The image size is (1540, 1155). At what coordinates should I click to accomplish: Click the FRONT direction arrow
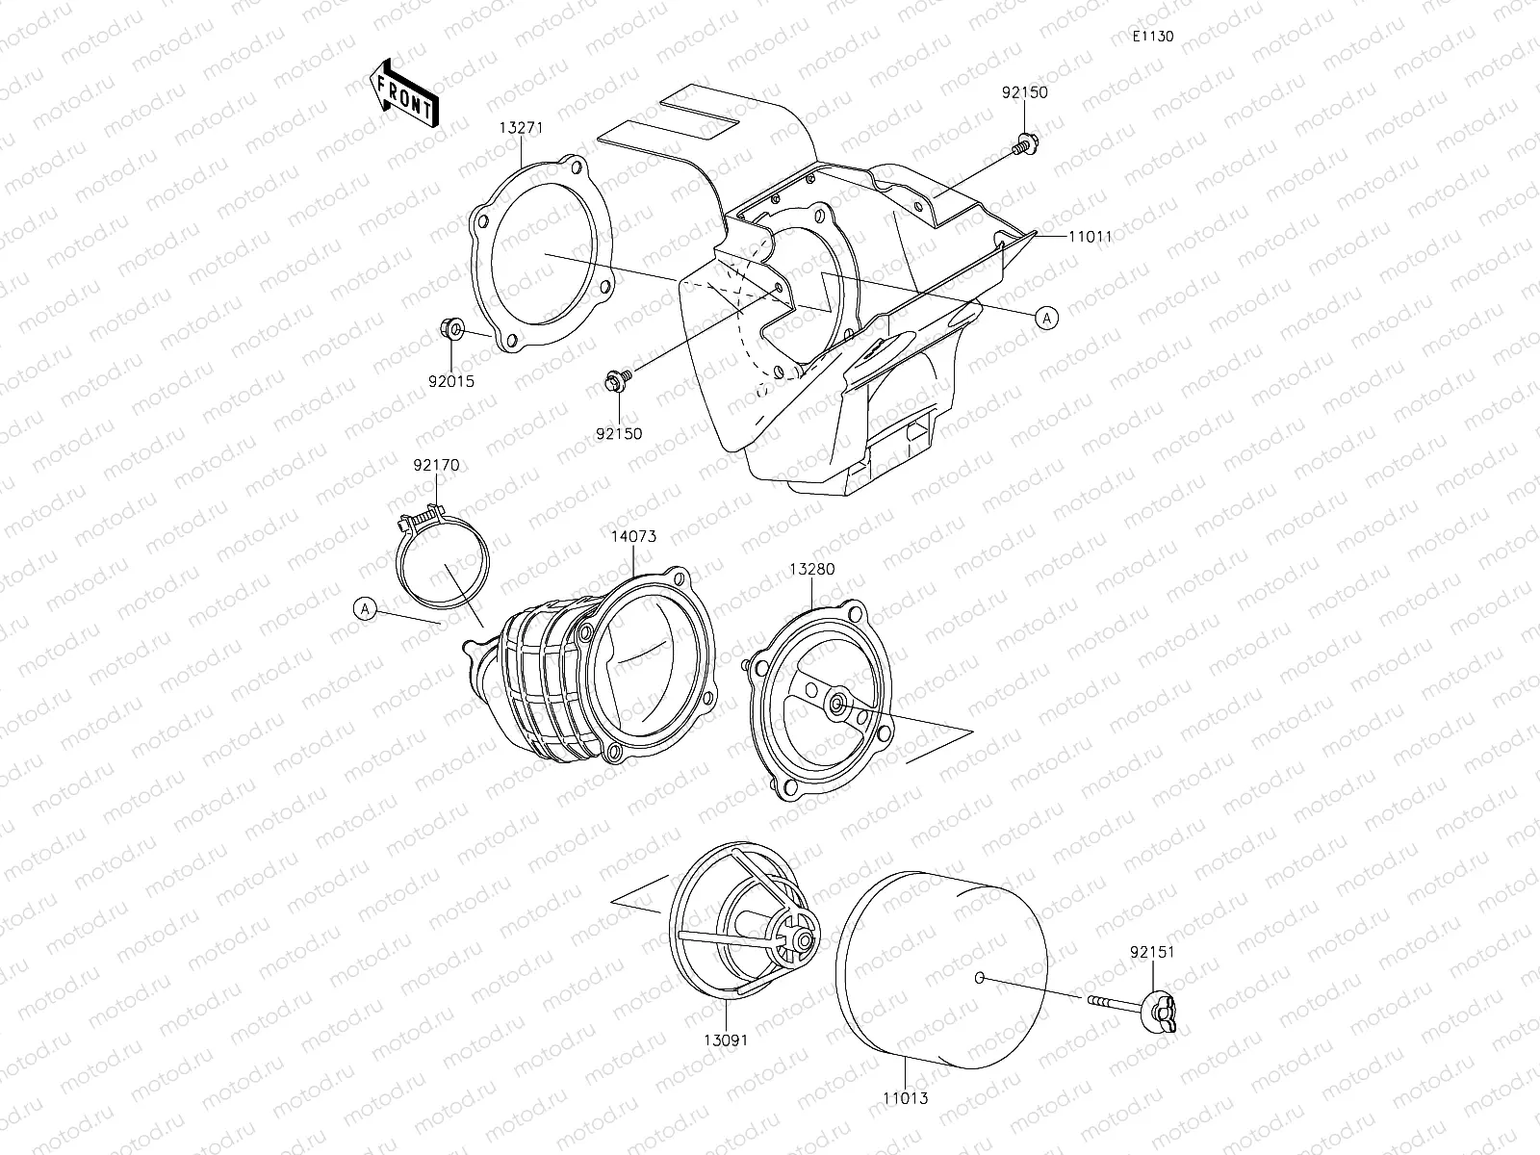(404, 93)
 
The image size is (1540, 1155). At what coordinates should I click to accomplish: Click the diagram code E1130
(1152, 37)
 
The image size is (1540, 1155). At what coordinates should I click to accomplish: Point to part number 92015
(451, 381)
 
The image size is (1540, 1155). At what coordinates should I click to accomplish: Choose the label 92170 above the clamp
(437, 466)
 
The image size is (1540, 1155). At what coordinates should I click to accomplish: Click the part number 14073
(633, 536)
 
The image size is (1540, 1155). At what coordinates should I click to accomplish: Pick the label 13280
(812, 569)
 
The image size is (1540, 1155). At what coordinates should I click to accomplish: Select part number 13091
(725, 1039)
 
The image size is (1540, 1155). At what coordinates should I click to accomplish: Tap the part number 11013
(906, 1097)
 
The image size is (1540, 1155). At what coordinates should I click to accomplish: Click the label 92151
(1153, 952)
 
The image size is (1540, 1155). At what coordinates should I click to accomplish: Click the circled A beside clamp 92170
(364, 608)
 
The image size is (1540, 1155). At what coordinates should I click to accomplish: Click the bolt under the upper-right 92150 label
(1025, 144)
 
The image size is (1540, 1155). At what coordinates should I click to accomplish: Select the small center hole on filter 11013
(979, 978)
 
